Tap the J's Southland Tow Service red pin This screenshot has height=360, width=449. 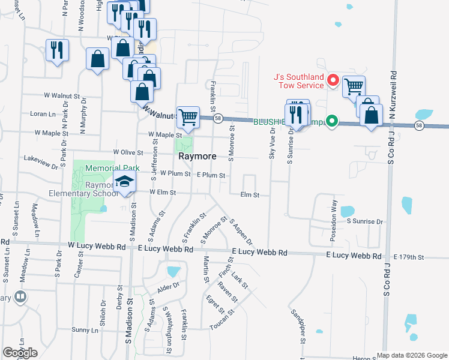[x=333, y=80]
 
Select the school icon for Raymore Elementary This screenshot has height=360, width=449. [x=124, y=182]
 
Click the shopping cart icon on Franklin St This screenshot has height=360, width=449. [x=188, y=117]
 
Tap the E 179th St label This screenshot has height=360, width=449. [x=409, y=257]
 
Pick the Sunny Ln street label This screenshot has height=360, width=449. [x=85, y=330]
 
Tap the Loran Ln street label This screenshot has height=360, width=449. [x=43, y=113]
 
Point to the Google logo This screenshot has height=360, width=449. [x=20, y=353]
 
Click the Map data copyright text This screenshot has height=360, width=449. [x=411, y=355]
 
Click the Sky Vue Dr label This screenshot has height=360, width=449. [x=271, y=143]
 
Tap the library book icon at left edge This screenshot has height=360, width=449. [x=20, y=297]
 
